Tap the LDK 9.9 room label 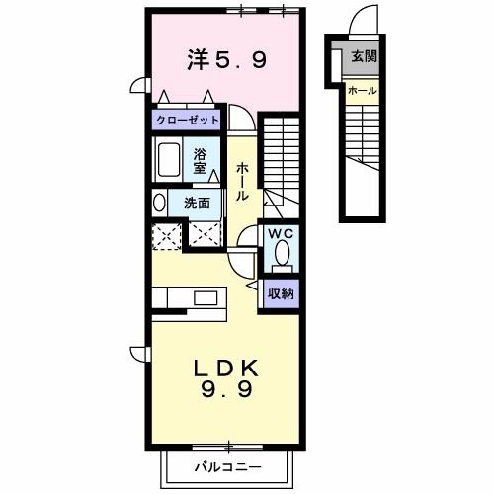228,377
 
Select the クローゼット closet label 187,120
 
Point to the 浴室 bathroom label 200,159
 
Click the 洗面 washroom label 198,204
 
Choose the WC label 282,234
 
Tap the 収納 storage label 282,293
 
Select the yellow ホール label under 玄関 362,91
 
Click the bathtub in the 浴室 169,159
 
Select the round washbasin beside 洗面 160,203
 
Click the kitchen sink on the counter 206,297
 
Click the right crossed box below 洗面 206,235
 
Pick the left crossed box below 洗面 166,235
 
